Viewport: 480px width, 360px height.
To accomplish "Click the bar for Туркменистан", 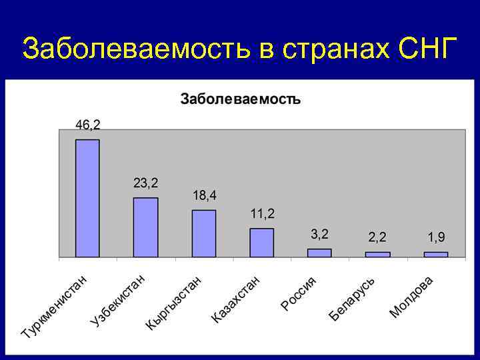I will [87, 198].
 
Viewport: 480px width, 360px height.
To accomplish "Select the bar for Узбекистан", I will [145, 227].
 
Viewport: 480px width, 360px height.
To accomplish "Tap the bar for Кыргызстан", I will [204, 233].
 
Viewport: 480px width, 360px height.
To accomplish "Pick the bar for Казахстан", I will [262, 243].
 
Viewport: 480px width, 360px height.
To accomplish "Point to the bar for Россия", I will [319, 253].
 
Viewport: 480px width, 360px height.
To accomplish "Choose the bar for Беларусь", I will [377, 254].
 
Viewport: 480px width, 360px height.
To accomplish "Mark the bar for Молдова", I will [435, 254].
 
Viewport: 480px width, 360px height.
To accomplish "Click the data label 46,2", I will [88, 125].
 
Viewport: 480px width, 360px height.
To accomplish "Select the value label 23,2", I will [146, 183].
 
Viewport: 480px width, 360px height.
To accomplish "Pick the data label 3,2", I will [319, 235].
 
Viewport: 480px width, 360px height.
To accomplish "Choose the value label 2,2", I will [377, 237].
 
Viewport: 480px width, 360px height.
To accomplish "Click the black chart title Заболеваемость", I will [241, 99].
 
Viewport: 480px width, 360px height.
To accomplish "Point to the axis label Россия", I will [303, 293].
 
